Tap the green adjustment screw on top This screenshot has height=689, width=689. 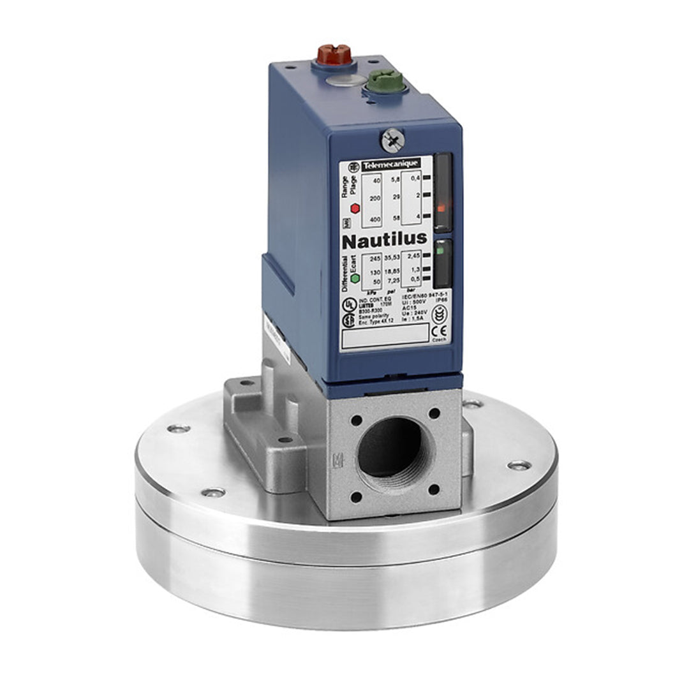click(385, 82)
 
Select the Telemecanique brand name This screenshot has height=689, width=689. click(390, 165)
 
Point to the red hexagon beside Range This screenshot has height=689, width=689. click(354, 208)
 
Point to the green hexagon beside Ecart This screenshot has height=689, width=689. click(354, 278)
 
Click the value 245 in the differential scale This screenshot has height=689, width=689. click(374, 258)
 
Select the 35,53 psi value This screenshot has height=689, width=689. click(392, 258)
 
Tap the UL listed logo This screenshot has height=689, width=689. click(349, 304)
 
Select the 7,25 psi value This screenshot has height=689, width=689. click(393, 281)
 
